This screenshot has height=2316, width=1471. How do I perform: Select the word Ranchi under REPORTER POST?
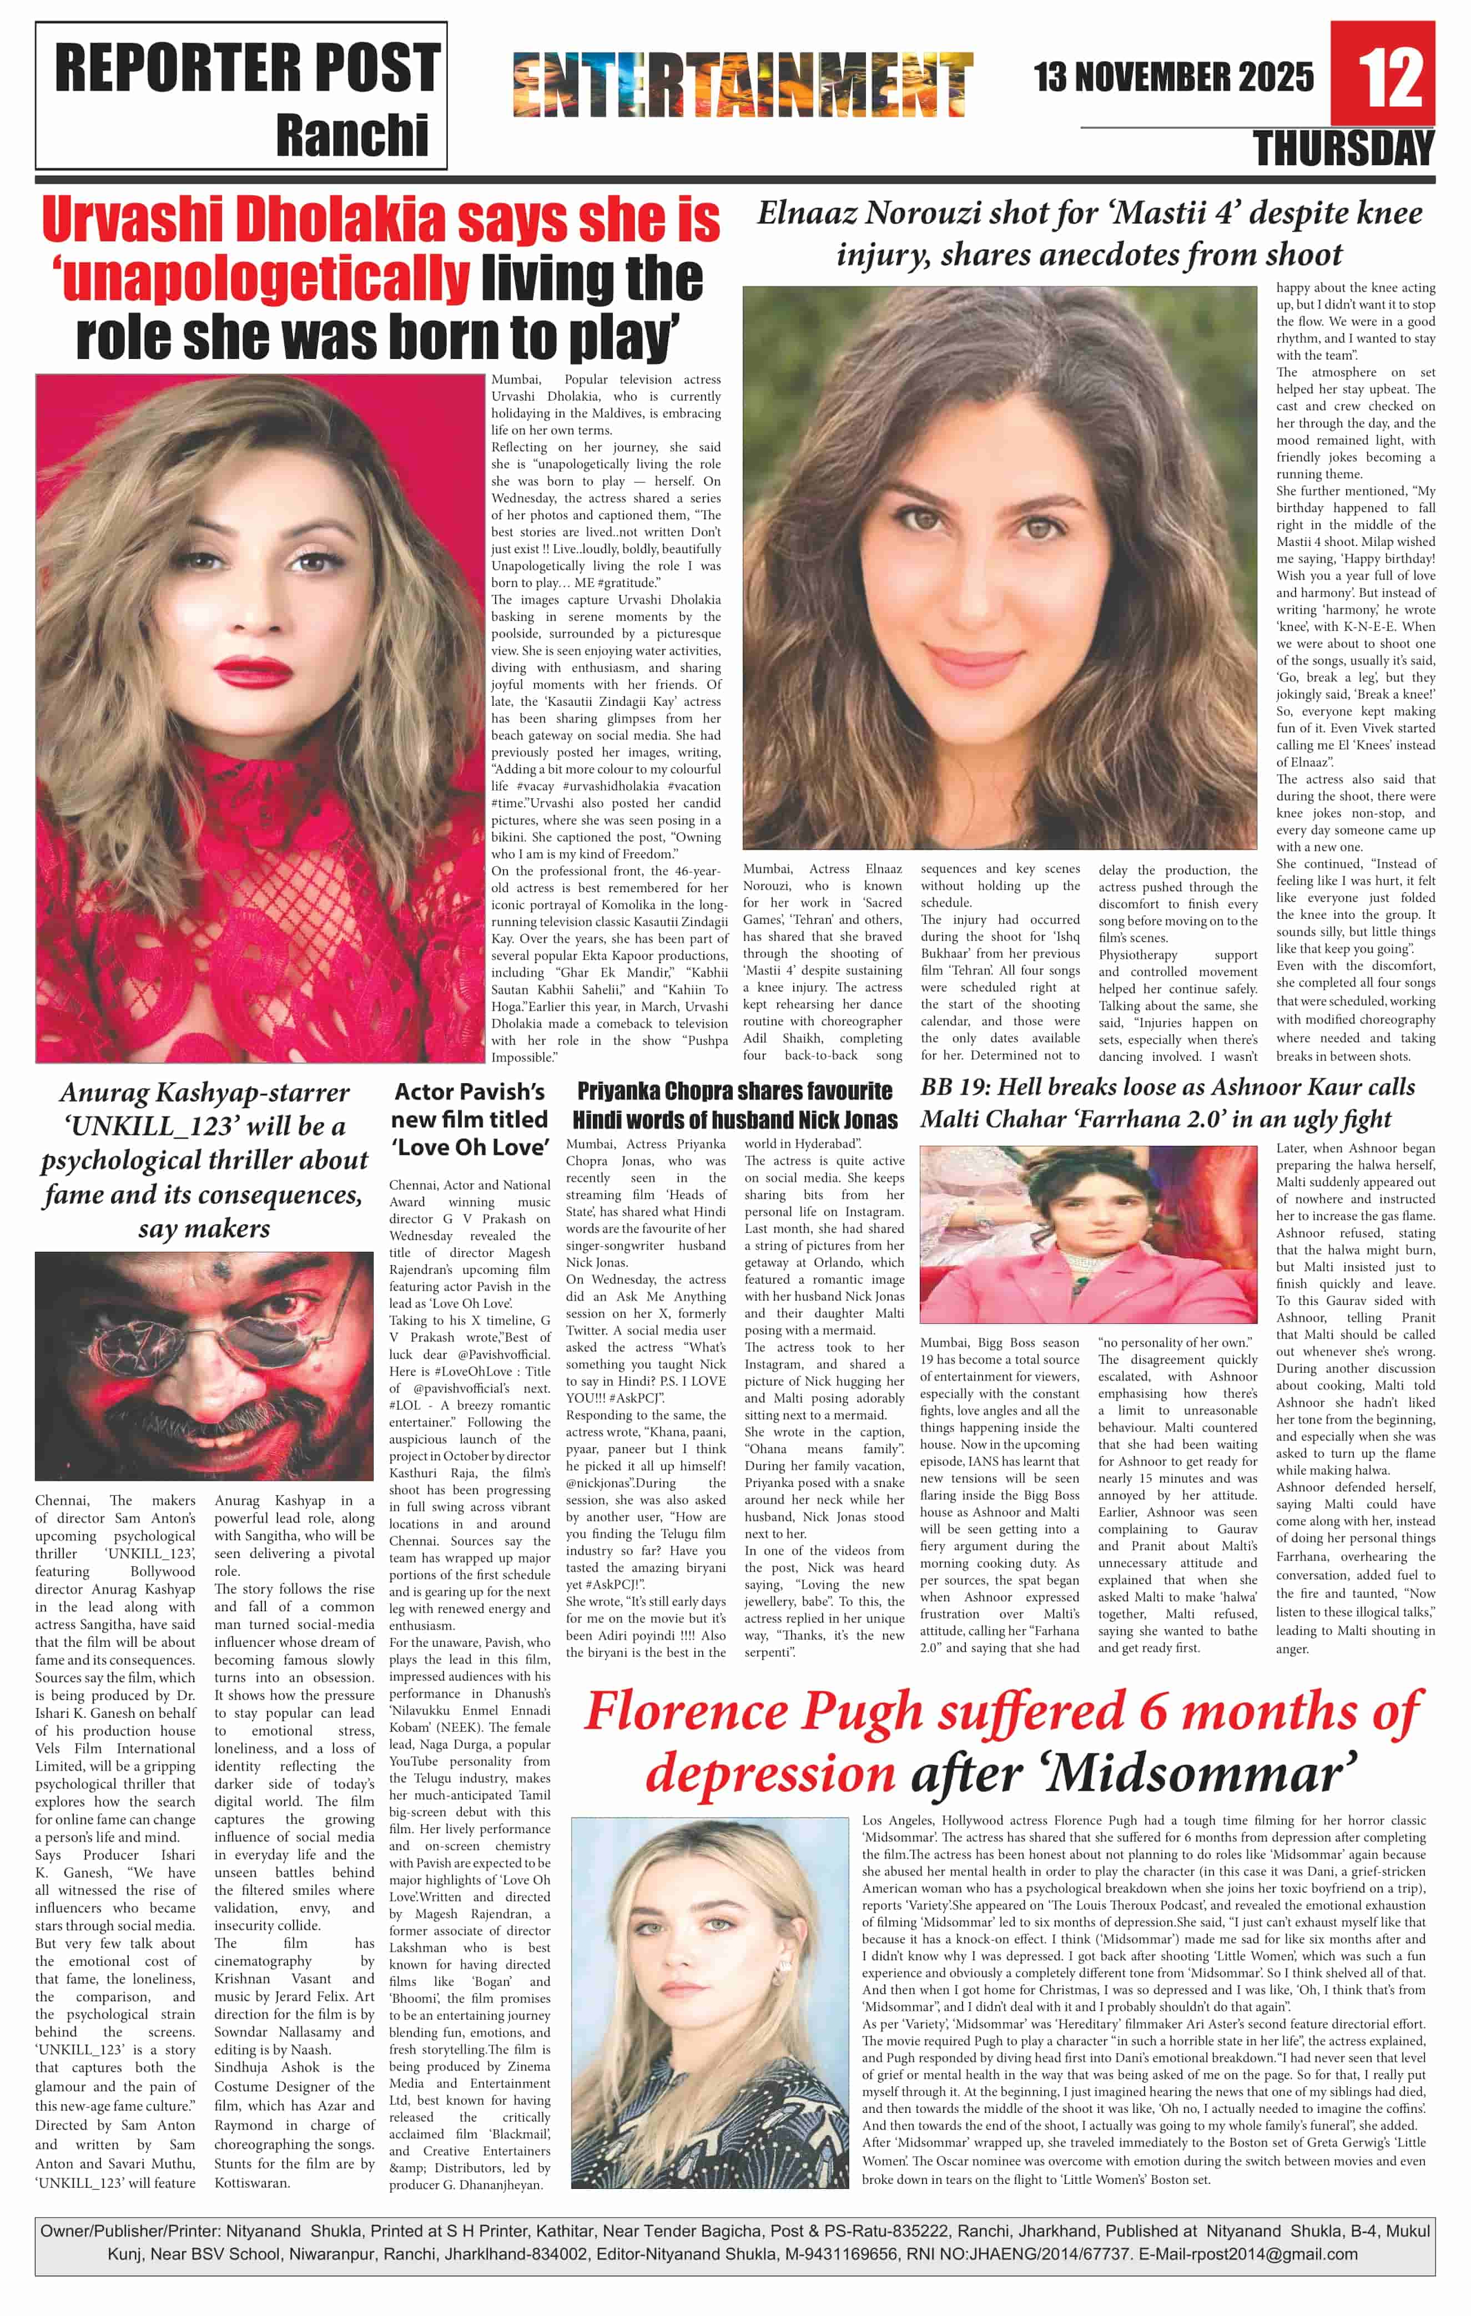351,135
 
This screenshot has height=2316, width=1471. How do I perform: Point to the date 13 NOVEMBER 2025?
1173,77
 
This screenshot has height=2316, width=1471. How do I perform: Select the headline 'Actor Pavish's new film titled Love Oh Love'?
470,1120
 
